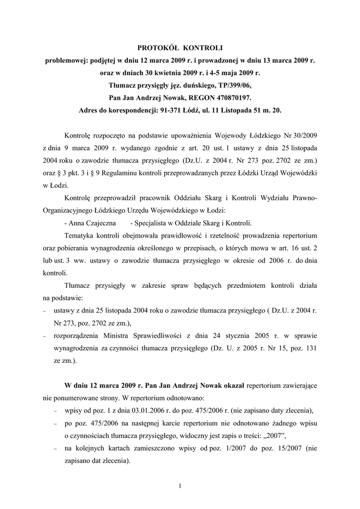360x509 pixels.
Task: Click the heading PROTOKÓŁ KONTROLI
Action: coord(180,48)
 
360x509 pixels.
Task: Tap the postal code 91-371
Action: coord(171,110)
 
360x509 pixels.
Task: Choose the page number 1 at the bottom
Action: coord(180,486)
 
